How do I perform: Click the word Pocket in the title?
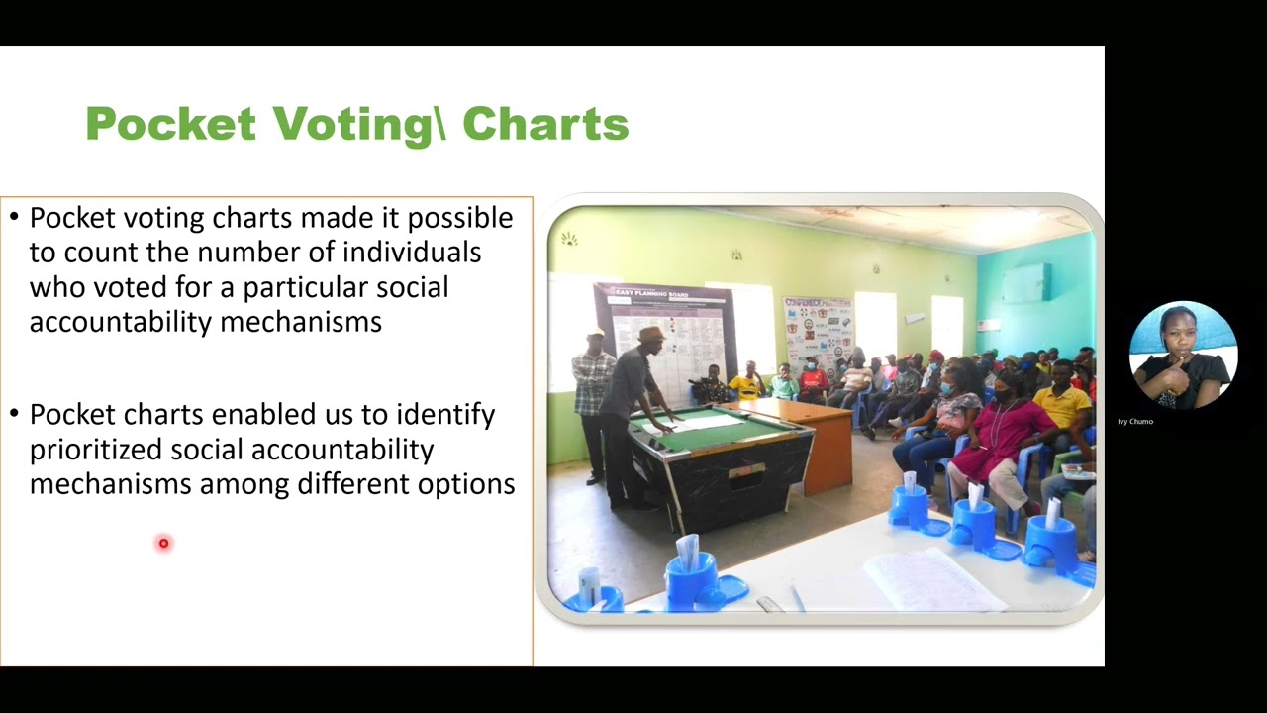170,125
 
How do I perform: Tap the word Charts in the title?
545,125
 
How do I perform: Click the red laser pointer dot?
164,543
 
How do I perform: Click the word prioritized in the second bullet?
96,450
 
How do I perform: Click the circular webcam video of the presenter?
1183,356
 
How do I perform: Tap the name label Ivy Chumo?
1135,422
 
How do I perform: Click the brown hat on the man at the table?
651,335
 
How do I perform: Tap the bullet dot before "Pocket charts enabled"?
15,415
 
